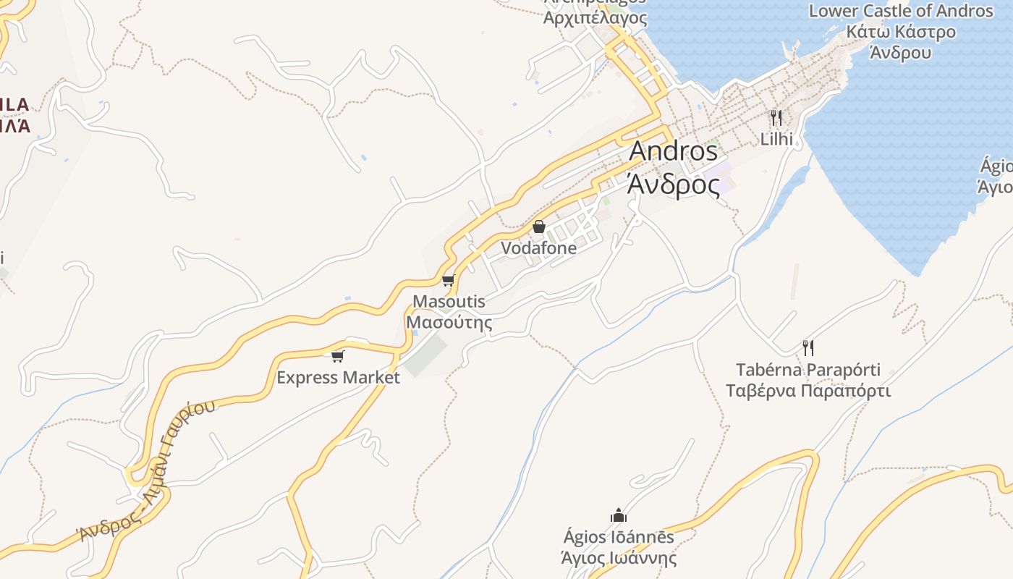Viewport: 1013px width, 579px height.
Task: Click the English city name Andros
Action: click(673, 151)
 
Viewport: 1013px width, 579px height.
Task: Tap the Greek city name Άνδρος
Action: click(673, 185)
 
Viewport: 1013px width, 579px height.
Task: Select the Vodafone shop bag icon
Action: click(538, 227)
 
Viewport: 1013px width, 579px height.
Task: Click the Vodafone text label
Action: click(539, 248)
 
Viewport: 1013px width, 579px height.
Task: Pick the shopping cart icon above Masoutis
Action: click(448, 281)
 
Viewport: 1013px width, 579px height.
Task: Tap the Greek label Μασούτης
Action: click(449, 322)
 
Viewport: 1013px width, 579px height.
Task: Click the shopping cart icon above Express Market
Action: click(337, 356)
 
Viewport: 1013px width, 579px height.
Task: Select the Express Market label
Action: click(338, 377)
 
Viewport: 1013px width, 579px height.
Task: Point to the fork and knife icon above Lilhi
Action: click(776, 117)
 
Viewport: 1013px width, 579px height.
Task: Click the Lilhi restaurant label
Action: click(776, 139)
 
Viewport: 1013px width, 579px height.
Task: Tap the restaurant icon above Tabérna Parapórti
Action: click(808, 348)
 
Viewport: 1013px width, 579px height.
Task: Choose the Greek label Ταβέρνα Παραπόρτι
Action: click(808, 392)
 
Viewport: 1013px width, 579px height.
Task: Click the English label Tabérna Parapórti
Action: click(808, 370)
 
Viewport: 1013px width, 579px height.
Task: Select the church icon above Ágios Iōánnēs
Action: click(619, 516)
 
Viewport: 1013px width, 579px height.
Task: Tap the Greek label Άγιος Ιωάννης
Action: click(619, 558)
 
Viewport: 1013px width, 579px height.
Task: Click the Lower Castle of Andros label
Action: click(901, 11)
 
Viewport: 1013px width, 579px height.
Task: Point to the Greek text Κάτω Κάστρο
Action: click(901, 32)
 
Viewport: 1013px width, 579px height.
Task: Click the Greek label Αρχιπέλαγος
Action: click(595, 17)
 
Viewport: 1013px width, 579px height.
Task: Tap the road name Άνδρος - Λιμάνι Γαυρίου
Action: click(148, 471)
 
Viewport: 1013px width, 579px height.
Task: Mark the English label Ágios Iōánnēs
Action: click(619, 537)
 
